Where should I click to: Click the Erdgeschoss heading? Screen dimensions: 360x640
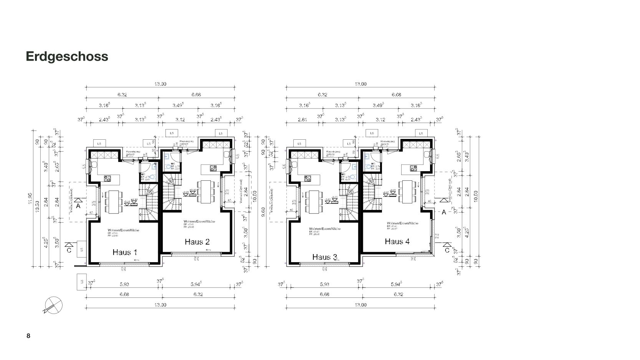pyautogui.click(x=67, y=56)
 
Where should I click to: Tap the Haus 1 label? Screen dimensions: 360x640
pyautogui.click(x=125, y=253)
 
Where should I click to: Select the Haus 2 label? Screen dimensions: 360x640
pyautogui.click(x=197, y=242)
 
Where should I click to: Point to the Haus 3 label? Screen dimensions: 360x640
pyautogui.click(x=324, y=257)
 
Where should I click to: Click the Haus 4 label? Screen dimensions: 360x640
pyautogui.click(x=397, y=241)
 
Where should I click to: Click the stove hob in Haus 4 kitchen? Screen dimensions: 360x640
pyautogui.click(x=413, y=168)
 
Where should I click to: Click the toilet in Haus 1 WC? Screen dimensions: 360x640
pyautogui.click(x=152, y=177)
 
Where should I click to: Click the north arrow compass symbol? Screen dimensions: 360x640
pyautogui.click(x=54, y=305)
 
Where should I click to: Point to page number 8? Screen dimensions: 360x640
pyautogui.click(x=28, y=336)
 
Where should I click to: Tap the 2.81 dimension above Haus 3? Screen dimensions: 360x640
pyautogui.click(x=302, y=120)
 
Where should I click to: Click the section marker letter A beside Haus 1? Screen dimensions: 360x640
pyautogui.click(x=78, y=206)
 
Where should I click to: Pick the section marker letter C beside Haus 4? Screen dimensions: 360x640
pyautogui.click(x=447, y=250)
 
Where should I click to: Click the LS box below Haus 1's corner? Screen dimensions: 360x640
pyautogui.click(x=81, y=282)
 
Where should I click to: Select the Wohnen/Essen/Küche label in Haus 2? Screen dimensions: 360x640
pyautogui.click(x=199, y=222)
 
